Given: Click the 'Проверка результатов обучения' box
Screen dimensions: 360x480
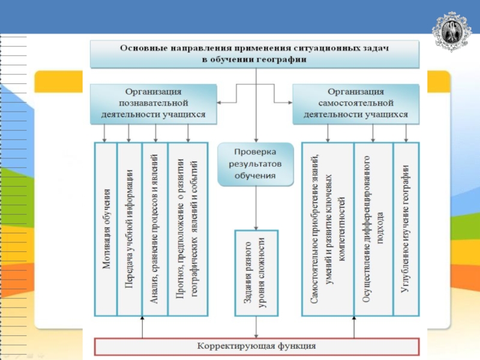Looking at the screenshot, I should (256, 164).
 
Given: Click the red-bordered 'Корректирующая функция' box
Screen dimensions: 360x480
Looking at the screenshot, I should (256, 347).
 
